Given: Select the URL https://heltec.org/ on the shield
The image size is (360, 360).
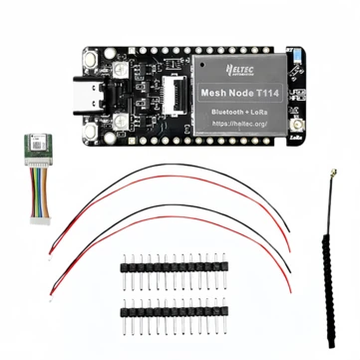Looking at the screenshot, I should [x=245, y=131].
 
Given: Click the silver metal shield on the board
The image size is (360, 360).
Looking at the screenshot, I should [x=245, y=96].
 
